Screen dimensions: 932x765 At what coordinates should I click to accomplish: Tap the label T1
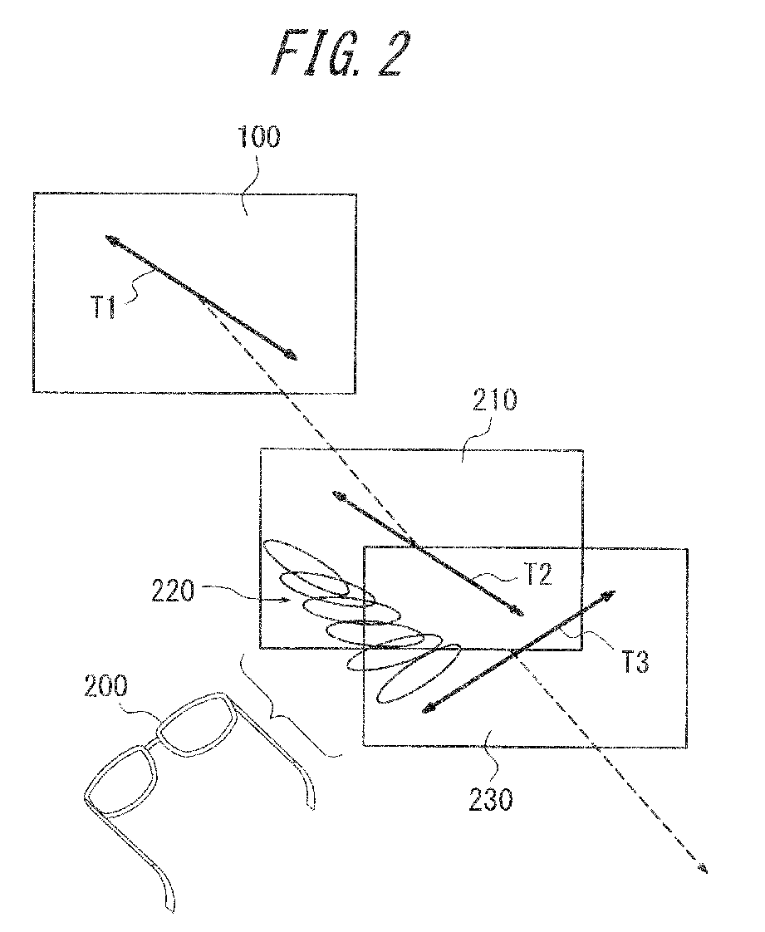coord(105,311)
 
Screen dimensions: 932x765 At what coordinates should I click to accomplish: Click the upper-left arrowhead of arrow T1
coord(110,239)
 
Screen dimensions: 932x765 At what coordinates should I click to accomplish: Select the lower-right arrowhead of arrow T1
coord(292,357)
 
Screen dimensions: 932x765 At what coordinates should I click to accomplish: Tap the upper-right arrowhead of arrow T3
coord(610,594)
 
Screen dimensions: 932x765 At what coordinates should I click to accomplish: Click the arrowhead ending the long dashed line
coord(704,869)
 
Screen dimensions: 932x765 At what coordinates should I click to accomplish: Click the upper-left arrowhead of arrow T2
coord(337,496)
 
